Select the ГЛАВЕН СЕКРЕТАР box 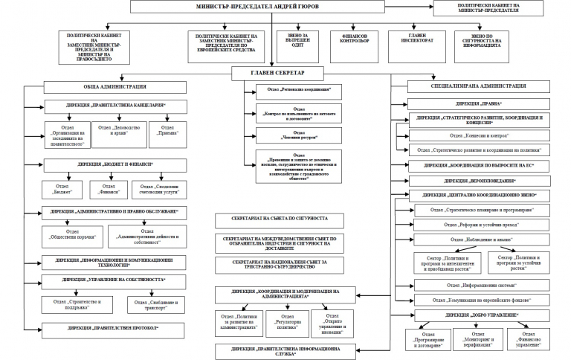tap(278, 73)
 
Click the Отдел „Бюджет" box tap(63, 189)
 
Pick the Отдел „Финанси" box tap(109, 189)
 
